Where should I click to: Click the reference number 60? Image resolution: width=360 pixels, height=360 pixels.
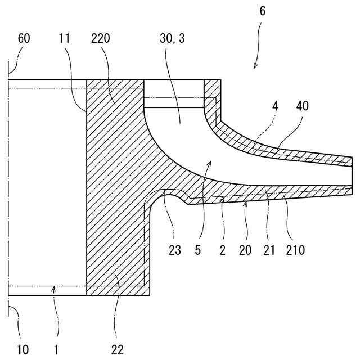click(24, 39)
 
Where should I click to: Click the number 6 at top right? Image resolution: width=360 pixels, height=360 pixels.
click(263, 11)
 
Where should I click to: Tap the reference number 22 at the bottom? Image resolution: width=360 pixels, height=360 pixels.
click(117, 350)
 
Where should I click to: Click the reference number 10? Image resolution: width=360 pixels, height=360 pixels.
click(22, 350)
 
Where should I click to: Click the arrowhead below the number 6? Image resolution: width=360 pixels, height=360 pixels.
click(254, 67)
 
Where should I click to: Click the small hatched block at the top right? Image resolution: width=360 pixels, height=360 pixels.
click(213, 90)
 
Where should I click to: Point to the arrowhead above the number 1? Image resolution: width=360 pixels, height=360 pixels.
click(55, 289)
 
